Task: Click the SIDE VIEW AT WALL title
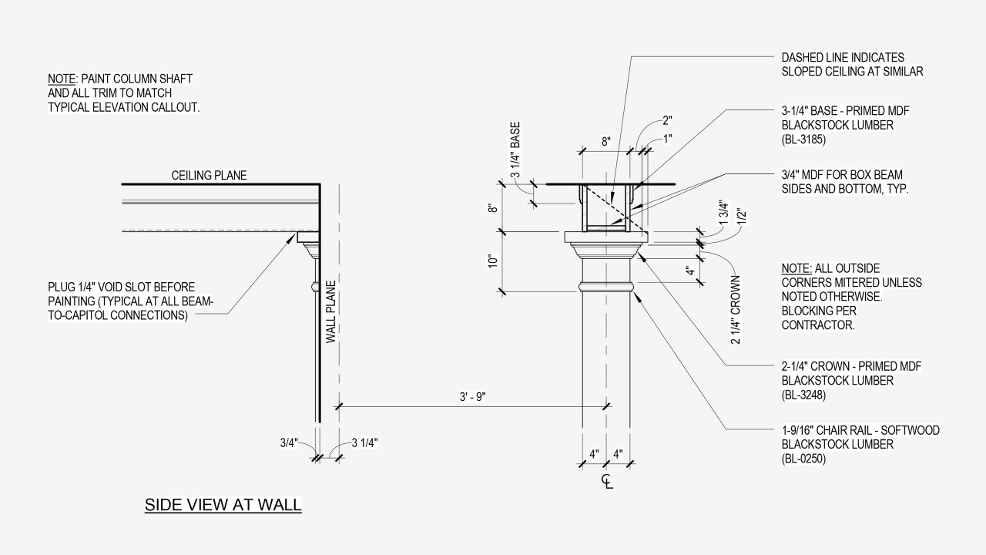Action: [x=223, y=505]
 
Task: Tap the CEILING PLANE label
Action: [x=209, y=176]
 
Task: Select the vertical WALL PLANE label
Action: [x=330, y=311]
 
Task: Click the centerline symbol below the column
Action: [x=608, y=482]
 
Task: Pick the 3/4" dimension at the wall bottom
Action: [x=289, y=442]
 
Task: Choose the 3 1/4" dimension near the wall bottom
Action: [x=364, y=442]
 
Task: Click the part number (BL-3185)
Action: [x=804, y=140]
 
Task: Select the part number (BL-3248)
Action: [x=804, y=395]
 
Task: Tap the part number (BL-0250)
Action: [x=804, y=459]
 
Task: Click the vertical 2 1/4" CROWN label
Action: [x=735, y=309]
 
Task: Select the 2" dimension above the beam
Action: [x=667, y=120]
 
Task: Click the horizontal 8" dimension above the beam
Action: [x=606, y=141]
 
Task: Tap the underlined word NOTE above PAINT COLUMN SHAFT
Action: [x=61, y=79]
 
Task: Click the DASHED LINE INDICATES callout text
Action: [x=843, y=58]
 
